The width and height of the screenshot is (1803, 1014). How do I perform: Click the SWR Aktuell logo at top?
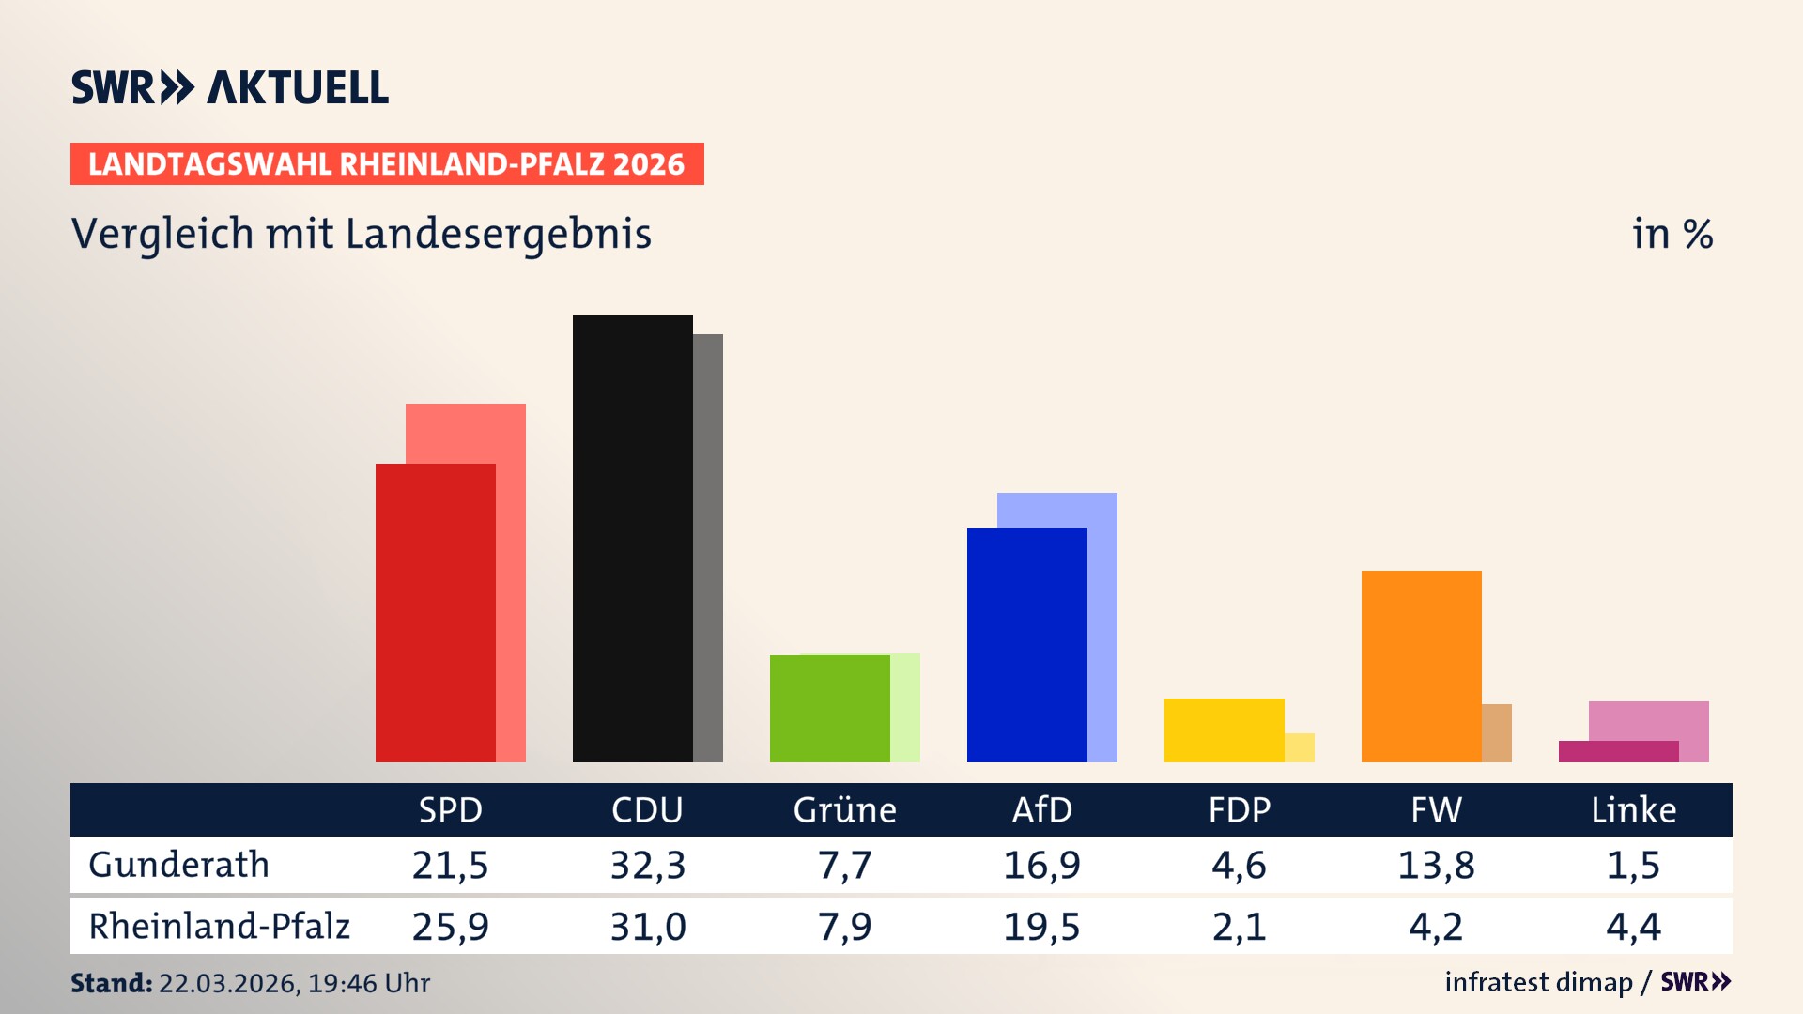[x=229, y=87]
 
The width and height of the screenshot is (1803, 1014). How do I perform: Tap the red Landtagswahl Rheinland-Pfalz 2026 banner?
[x=386, y=164]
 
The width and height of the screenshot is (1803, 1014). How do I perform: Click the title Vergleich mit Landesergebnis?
[x=361, y=234]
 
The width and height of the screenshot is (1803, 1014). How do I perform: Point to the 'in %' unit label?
[x=1672, y=235]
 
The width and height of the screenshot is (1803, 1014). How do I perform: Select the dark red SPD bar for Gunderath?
[x=435, y=612]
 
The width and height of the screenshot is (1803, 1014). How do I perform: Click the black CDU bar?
[x=632, y=538]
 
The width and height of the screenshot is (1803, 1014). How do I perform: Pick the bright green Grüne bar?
[x=829, y=708]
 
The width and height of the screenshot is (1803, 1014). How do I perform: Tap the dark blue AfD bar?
[x=1026, y=644]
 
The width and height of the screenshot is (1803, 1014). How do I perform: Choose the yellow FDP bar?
[x=1224, y=730]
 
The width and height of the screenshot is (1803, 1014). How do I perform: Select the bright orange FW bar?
[x=1421, y=666]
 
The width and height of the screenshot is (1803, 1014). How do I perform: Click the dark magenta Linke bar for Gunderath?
[x=1618, y=751]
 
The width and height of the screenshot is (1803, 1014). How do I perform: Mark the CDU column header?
[x=647, y=810]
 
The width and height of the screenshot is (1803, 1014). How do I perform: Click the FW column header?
[x=1436, y=810]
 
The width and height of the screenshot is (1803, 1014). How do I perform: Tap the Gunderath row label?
[x=178, y=865]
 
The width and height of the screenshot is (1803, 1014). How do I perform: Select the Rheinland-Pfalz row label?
[x=219, y=927]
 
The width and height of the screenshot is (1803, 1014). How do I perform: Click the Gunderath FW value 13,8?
[x=1436, y=865]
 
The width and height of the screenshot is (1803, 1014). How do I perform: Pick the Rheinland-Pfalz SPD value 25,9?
[x=450, y=927]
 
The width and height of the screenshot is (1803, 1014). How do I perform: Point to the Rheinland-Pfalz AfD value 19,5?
[x=1041, y=927]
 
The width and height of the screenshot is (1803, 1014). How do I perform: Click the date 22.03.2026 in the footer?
[x=227, y=983]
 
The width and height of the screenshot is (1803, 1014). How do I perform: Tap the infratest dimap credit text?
[x=1537, y=982]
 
